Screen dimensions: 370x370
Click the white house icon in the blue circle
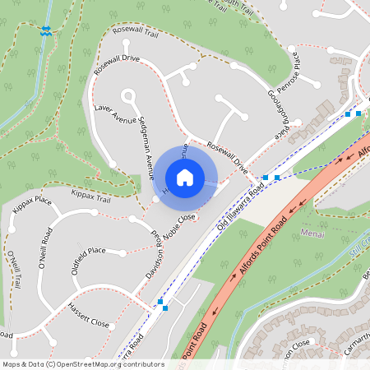tap(185, 177)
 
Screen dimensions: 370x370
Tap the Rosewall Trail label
tap(135, 33)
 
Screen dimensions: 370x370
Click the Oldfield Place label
tap(89, 250)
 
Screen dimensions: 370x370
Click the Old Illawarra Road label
tap(240, 206)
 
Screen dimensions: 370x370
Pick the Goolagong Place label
tap(277, 112)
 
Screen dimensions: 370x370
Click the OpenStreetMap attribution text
tap(82, 364)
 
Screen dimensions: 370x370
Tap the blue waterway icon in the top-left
tap(45, 30)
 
